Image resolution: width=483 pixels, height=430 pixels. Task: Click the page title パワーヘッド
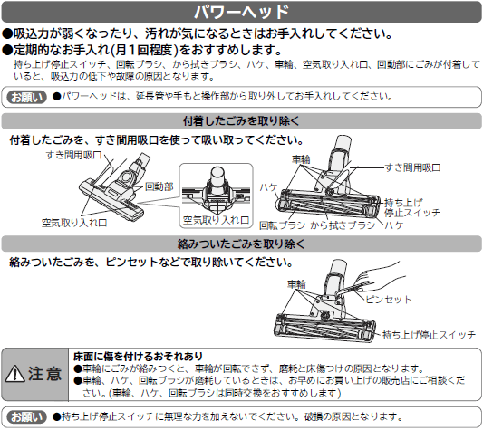tap(241, 12)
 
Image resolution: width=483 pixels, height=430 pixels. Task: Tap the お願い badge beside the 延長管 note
tap(26, 97)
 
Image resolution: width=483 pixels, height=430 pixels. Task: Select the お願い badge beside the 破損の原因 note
tap(26, 417)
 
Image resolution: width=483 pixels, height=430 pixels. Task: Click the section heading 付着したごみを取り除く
tap(241, 121)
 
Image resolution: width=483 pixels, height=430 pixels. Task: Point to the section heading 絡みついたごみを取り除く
tap(241, 244)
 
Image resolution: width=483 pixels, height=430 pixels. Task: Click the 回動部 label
tap(159, 186)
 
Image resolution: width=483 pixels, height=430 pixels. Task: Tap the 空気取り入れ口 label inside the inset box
tap(216, 220)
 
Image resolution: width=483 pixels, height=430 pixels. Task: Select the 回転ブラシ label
tap(282, 225)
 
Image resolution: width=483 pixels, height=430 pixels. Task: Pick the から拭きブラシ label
tap(343, 225)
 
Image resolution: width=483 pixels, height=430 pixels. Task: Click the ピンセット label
tap(389, 300)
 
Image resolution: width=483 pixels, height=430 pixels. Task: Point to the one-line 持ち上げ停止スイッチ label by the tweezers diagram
tap(429, 335)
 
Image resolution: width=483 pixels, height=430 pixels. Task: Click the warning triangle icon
tap(15, 374)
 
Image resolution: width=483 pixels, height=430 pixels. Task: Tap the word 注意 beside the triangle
tap(45, 374)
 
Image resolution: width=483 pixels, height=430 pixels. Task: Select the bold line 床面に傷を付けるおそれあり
tap(138, 357)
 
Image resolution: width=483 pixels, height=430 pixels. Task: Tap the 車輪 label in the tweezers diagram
tap(296, 283)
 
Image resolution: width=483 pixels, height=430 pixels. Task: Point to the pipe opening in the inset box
tap(217, 171)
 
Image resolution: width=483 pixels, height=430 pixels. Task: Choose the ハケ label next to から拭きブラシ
tap(393, 225)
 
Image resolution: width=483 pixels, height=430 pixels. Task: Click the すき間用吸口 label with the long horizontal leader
tap(412, 167)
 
